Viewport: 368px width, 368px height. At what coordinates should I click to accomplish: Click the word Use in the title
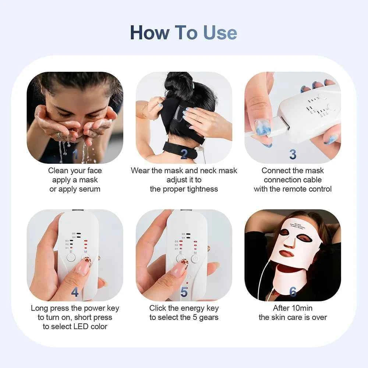220,33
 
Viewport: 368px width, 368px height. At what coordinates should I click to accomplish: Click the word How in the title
150,33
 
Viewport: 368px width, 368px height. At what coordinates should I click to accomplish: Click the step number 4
75,292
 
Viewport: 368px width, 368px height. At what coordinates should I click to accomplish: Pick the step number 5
184,292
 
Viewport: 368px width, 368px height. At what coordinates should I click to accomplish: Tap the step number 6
293,292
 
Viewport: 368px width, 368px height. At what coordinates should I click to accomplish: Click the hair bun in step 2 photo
179,84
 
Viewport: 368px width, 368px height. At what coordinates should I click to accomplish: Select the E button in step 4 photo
71,257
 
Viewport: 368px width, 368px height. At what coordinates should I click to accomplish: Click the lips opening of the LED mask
287,254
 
